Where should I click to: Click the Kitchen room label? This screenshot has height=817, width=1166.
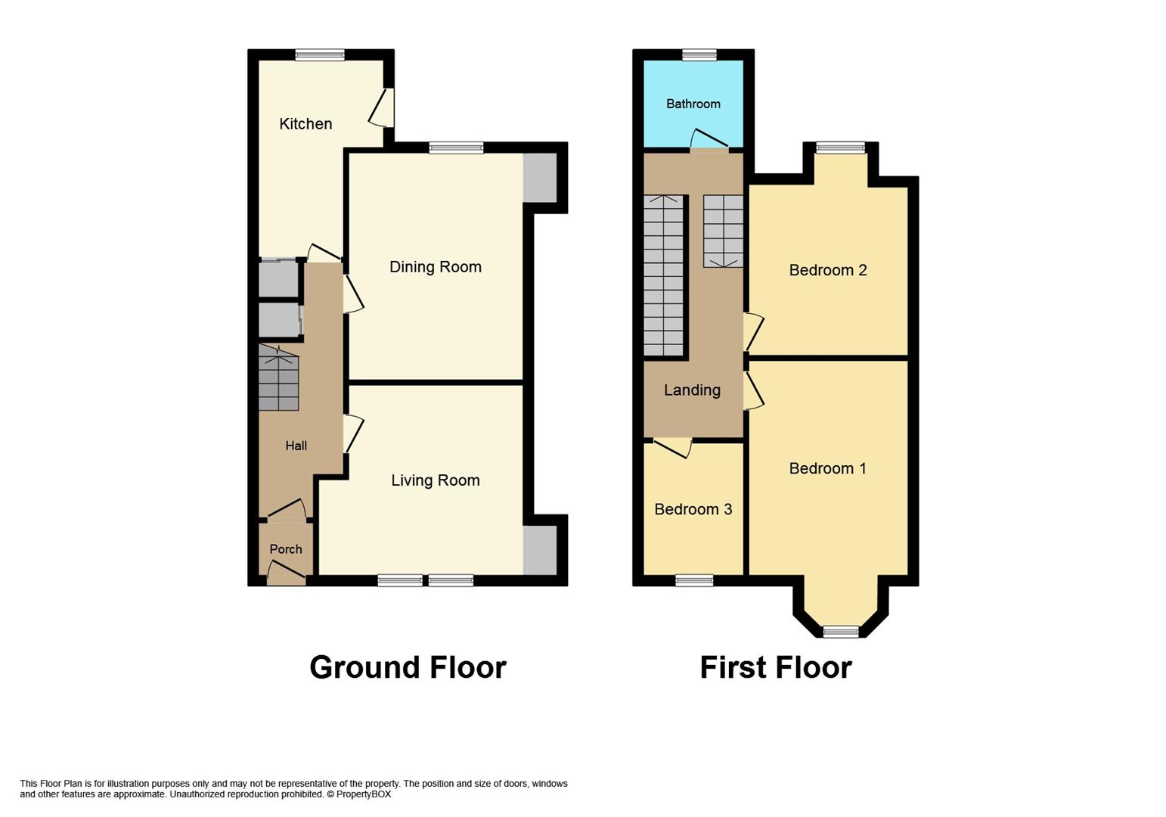[x=305, y=124]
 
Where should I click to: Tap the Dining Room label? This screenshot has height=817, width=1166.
[x=435, y=267]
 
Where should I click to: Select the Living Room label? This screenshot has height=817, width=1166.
[x=435, y=480]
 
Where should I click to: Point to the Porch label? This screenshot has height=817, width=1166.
[x=286, y=549]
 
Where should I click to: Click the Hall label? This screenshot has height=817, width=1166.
[x=296, y=446]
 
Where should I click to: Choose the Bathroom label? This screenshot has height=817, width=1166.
[x=693, y=104]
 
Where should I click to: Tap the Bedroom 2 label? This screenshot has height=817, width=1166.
[x=827, y=270]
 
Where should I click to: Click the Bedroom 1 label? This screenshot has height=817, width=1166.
[x=827, y=468]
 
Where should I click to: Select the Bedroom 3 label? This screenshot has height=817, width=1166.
[x=693, y=509]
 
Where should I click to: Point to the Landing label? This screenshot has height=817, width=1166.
[x=692, y=390]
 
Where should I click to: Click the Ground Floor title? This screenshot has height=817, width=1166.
[x=408, y=667]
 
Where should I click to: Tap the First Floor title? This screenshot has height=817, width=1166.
[x=776, y=667]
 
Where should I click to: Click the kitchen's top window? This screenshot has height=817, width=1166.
[x=320, y=54]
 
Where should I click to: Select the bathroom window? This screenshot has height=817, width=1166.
[x=699, y=54]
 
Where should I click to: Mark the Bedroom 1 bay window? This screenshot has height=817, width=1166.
[x=841, y=632]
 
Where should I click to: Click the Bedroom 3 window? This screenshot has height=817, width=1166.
[x=694, y=580]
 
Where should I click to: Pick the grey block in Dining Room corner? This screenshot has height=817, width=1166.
[x=540, y=178]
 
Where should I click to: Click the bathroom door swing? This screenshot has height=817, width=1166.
[x=709, y=138]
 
